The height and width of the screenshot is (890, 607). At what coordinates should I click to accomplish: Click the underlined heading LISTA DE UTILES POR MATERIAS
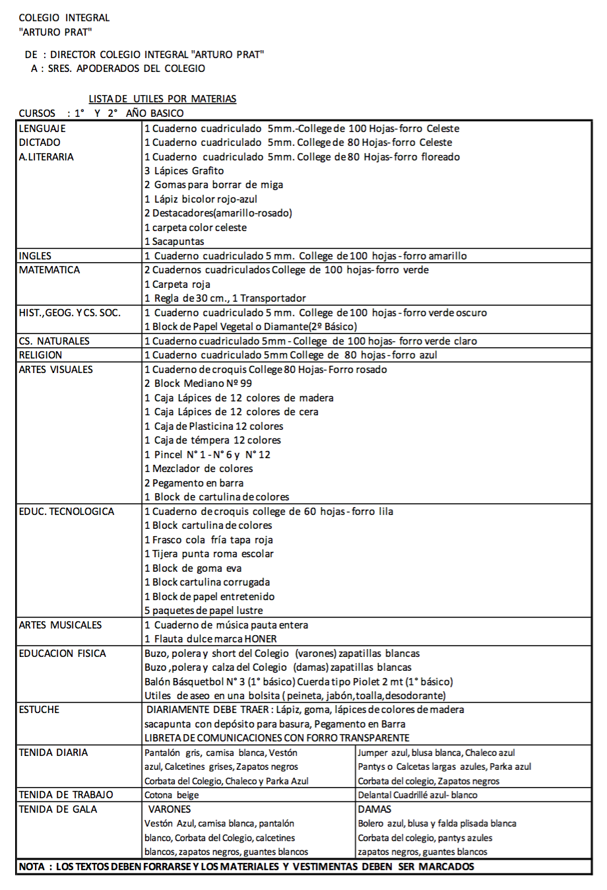162,99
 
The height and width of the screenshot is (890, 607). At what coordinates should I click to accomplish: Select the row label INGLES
35,256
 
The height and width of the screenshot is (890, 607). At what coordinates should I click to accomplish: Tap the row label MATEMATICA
49,270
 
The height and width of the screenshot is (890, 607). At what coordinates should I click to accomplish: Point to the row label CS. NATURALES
54,341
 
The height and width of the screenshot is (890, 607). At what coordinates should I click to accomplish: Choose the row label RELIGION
40,355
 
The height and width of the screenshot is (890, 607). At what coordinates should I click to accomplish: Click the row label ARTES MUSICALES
60,625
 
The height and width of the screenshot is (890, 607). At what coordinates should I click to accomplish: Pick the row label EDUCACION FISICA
62,654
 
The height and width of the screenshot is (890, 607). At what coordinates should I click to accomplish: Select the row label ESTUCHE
39,710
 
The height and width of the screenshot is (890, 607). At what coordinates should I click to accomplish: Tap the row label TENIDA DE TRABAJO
66,795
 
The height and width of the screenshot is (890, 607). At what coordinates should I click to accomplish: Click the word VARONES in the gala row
170,809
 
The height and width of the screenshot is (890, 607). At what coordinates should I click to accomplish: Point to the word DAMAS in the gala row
375,809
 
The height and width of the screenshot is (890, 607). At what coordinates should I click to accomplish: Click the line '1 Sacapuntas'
174,242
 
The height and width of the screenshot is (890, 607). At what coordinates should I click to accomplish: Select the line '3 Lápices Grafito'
184,171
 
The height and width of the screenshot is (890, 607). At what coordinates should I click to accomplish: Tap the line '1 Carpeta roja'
177,285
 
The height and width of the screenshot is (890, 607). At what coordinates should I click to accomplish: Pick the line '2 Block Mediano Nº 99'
198,384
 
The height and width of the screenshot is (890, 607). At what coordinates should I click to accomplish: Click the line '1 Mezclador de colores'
199,469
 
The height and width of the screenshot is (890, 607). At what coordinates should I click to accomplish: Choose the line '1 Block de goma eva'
193,568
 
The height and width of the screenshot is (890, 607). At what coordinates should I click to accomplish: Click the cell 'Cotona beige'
172,795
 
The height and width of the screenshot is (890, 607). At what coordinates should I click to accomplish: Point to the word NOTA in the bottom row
32,867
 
